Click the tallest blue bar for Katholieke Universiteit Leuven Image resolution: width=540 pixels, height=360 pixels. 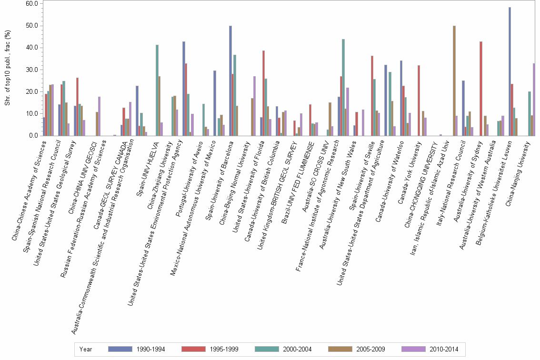tap(510, 71)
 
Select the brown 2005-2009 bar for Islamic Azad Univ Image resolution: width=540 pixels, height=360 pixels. tap(454, 81)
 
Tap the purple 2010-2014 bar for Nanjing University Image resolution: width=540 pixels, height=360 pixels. tap(534, 100)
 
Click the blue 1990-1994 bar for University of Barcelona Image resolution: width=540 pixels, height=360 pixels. tap(230, 81)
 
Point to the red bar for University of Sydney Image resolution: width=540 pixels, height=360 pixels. tap(481, 89)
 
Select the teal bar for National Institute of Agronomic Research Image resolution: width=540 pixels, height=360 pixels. tap(343, 88)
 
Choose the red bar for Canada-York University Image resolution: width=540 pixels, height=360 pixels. tap(419, 100)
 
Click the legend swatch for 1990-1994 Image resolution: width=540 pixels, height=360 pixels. tap(120, 349)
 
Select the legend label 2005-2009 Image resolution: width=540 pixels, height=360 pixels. tap(371, 349)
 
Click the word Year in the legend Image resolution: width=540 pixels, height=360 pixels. tap(86, 349)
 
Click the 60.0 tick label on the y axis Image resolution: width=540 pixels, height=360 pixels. tap(31, 4)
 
